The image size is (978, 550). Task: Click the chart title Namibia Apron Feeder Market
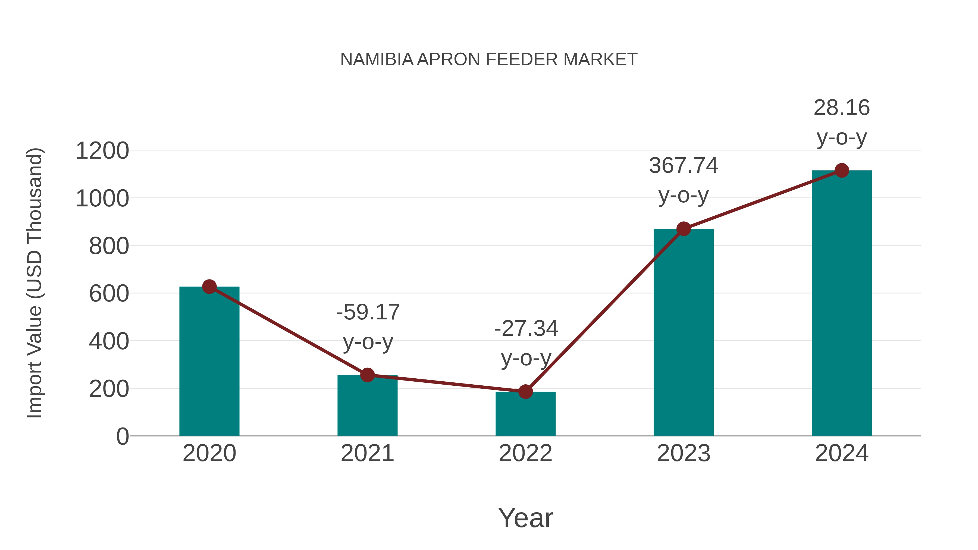pos(489,59)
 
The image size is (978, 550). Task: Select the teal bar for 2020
pos(209,361)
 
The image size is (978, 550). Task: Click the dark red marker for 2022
pos(525,391)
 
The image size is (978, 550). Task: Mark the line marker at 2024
pos(842,170)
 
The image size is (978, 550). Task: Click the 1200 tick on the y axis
pos(102,151)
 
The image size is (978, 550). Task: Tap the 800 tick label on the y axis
pos(109,246)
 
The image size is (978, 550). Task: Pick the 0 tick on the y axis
pos(122,436)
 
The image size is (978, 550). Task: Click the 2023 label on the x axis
pos(684,453)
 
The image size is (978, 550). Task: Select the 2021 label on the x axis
pos(367,453)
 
